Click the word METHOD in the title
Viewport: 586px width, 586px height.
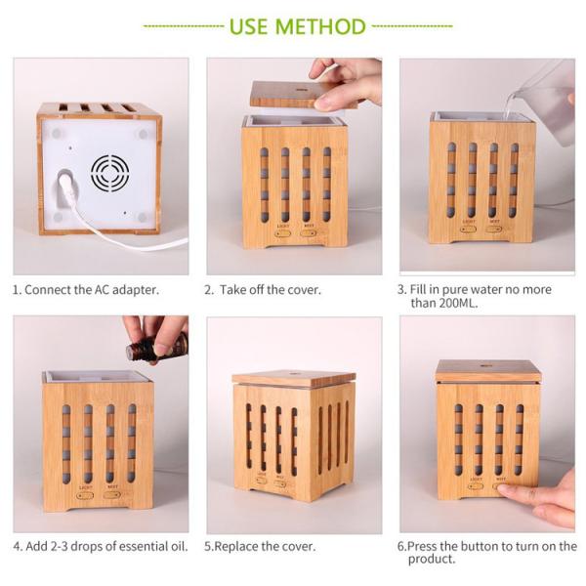[320, 26]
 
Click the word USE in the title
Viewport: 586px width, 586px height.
[248, 26]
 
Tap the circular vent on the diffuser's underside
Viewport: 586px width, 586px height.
[110, 173]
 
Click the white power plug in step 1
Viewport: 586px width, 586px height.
[67, 186]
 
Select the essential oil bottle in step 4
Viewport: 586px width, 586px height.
[157, 348]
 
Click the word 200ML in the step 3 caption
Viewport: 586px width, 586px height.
[459, 303]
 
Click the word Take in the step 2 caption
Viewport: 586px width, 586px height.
[232, 290]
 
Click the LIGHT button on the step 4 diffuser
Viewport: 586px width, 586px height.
[84, 496]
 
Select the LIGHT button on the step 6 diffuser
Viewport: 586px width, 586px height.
[475, 486]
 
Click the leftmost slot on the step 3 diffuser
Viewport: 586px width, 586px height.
[451, 180]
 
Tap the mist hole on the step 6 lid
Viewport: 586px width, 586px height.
[485, 362]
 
